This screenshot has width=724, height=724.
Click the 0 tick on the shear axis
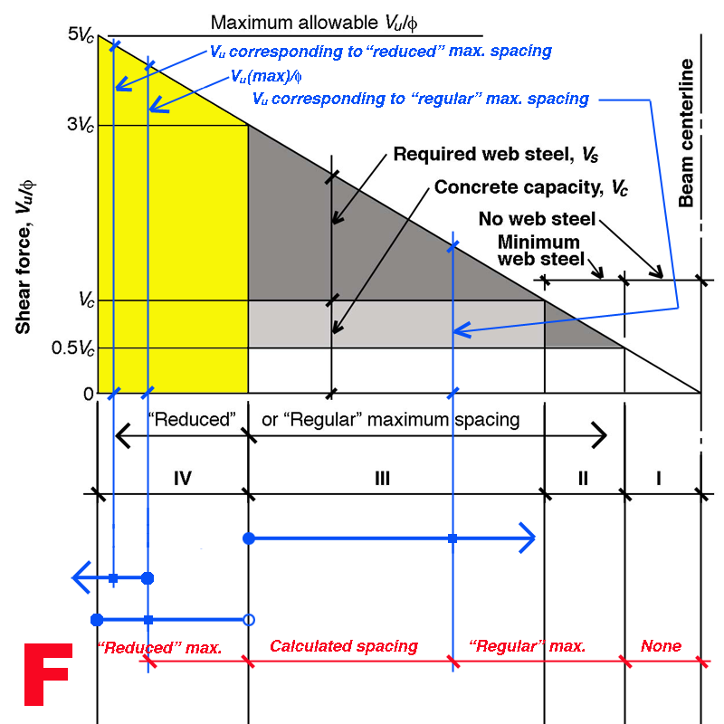click(88, 394)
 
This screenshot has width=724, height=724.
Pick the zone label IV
click(182, 477)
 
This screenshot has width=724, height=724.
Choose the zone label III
click(381, 477)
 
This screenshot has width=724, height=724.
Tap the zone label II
click(583, 477)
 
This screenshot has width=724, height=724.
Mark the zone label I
click(659, 477)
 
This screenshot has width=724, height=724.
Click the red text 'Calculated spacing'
click(344, 646)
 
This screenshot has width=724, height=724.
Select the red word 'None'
click(661, 646)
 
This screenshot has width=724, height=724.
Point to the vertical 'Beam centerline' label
click(687, 133)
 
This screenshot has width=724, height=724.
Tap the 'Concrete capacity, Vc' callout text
click(531, 188)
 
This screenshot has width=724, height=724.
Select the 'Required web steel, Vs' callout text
click(496, 155)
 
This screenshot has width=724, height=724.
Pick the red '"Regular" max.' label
click(528, 646)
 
